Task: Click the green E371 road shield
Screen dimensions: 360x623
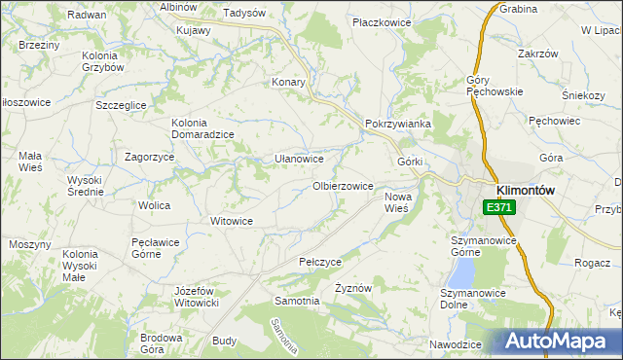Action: (498, 207)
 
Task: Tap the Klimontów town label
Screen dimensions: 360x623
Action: (525, 191)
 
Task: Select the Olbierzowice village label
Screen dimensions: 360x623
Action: (342, 186)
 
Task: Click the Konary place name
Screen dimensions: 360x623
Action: (289, 82)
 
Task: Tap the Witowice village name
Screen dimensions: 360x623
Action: (233, 221)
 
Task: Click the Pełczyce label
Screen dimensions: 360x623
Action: (320, 263)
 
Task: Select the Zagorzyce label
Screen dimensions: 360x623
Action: (150, 157)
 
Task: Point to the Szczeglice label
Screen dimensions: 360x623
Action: (121, 104)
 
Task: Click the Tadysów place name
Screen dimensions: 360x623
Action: (244, 14)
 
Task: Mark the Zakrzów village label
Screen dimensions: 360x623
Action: (536, 54)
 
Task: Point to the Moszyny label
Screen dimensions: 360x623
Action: (30, 244)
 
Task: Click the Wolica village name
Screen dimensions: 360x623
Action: (154, 205)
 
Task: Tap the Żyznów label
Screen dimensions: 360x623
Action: (354, 289)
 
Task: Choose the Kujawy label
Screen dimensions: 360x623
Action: (194, 30)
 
